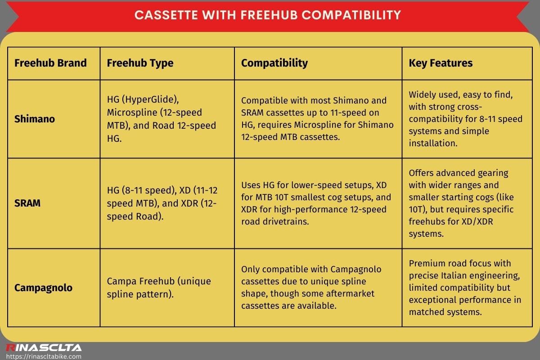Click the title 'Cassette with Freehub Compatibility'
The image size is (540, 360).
tap(267, 15)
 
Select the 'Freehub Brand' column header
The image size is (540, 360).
tap(50, 63)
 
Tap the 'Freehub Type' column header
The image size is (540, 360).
tap(140, 63)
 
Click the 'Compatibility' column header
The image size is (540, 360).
tap(274, 63)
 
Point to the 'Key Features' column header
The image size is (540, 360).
tap(441, 63)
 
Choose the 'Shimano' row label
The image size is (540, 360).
tap(35, 119)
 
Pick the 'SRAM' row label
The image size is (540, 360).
tap(27, 203)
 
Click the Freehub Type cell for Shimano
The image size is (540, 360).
tap(161, 119)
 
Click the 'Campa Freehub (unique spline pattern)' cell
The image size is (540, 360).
tap(159, 287)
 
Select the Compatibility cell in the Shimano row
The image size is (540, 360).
tap(317, 119)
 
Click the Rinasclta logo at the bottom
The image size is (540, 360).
tap(44, 347)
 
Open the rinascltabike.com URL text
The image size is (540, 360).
tap(44, 356)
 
